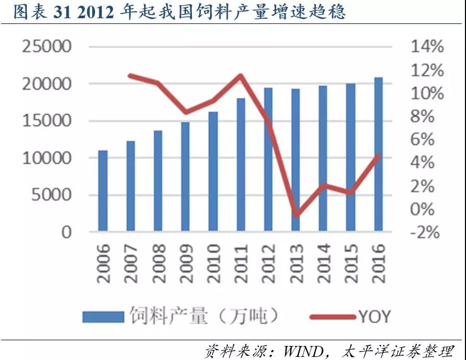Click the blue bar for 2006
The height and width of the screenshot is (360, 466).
click(103, 191)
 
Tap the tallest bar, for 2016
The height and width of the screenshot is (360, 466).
click(379, 154)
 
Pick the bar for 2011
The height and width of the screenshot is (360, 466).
click(241, 164)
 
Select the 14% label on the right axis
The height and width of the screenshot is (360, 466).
click(427, 47)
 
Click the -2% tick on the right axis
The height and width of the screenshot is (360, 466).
click(425, 232)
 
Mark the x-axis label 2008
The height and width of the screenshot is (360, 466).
click(159, 263)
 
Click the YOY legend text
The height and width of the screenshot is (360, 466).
click(373, 316)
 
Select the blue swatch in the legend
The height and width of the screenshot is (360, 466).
click(102, 316)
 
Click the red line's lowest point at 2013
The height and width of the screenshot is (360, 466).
click(296, 214)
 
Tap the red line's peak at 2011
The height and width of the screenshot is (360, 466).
click(241, 76)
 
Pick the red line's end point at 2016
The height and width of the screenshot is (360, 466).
click(379, 156)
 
